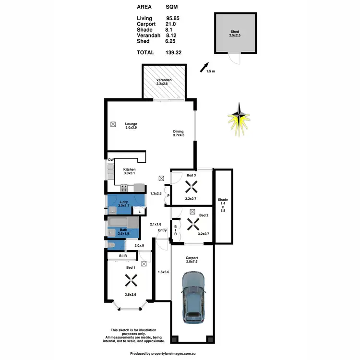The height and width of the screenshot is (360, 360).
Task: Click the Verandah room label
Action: [164, 81]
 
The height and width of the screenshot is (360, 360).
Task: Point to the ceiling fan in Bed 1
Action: [129, 279]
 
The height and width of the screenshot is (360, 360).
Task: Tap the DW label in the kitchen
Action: [110, 160]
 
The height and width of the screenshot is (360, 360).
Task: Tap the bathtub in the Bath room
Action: [122, 223]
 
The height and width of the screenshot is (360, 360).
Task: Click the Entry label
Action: [163, 230]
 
